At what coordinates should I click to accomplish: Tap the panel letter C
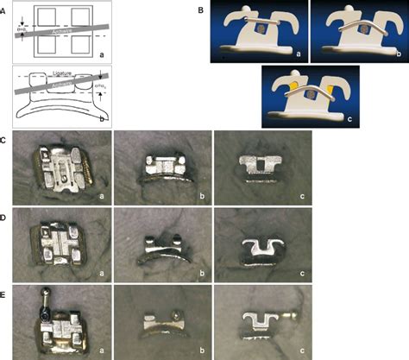pos(6,137)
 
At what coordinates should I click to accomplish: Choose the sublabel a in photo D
pos(104,271)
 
